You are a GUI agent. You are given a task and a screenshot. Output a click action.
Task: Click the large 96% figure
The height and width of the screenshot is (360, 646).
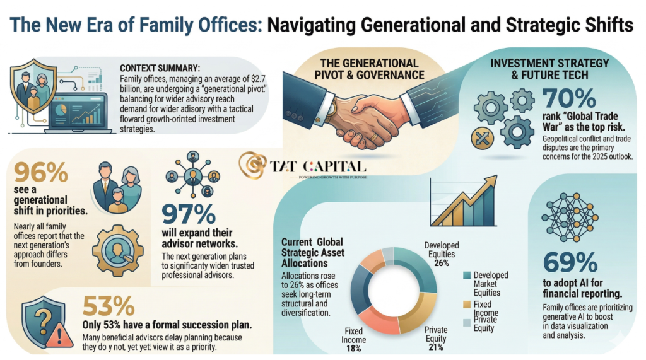(x=40, y=173)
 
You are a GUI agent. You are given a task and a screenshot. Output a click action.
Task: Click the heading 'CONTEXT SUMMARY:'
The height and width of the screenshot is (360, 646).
(x=160, y=66)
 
